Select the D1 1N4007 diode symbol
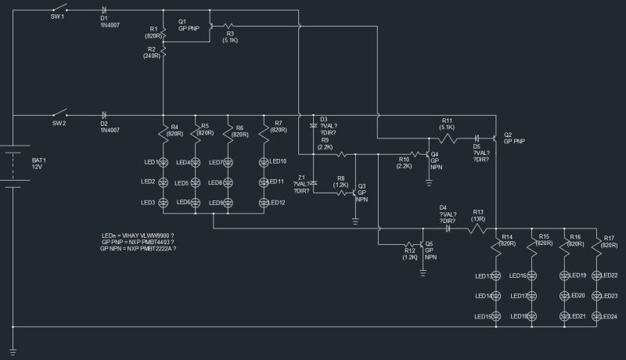(x=104, y=9)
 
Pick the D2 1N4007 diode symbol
(x=104, y=115)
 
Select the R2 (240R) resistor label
(x=152, y=52)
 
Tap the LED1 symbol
(x=164, y=162)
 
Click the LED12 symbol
(x=264, y=203)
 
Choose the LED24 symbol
(x=596, y=315)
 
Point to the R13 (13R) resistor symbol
(x=477, y=229)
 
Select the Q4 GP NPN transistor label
(x=436, y=160)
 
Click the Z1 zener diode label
(x=300, y=182)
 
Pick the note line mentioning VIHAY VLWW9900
(x=137, y=235)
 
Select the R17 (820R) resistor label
(x=606, y=240)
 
